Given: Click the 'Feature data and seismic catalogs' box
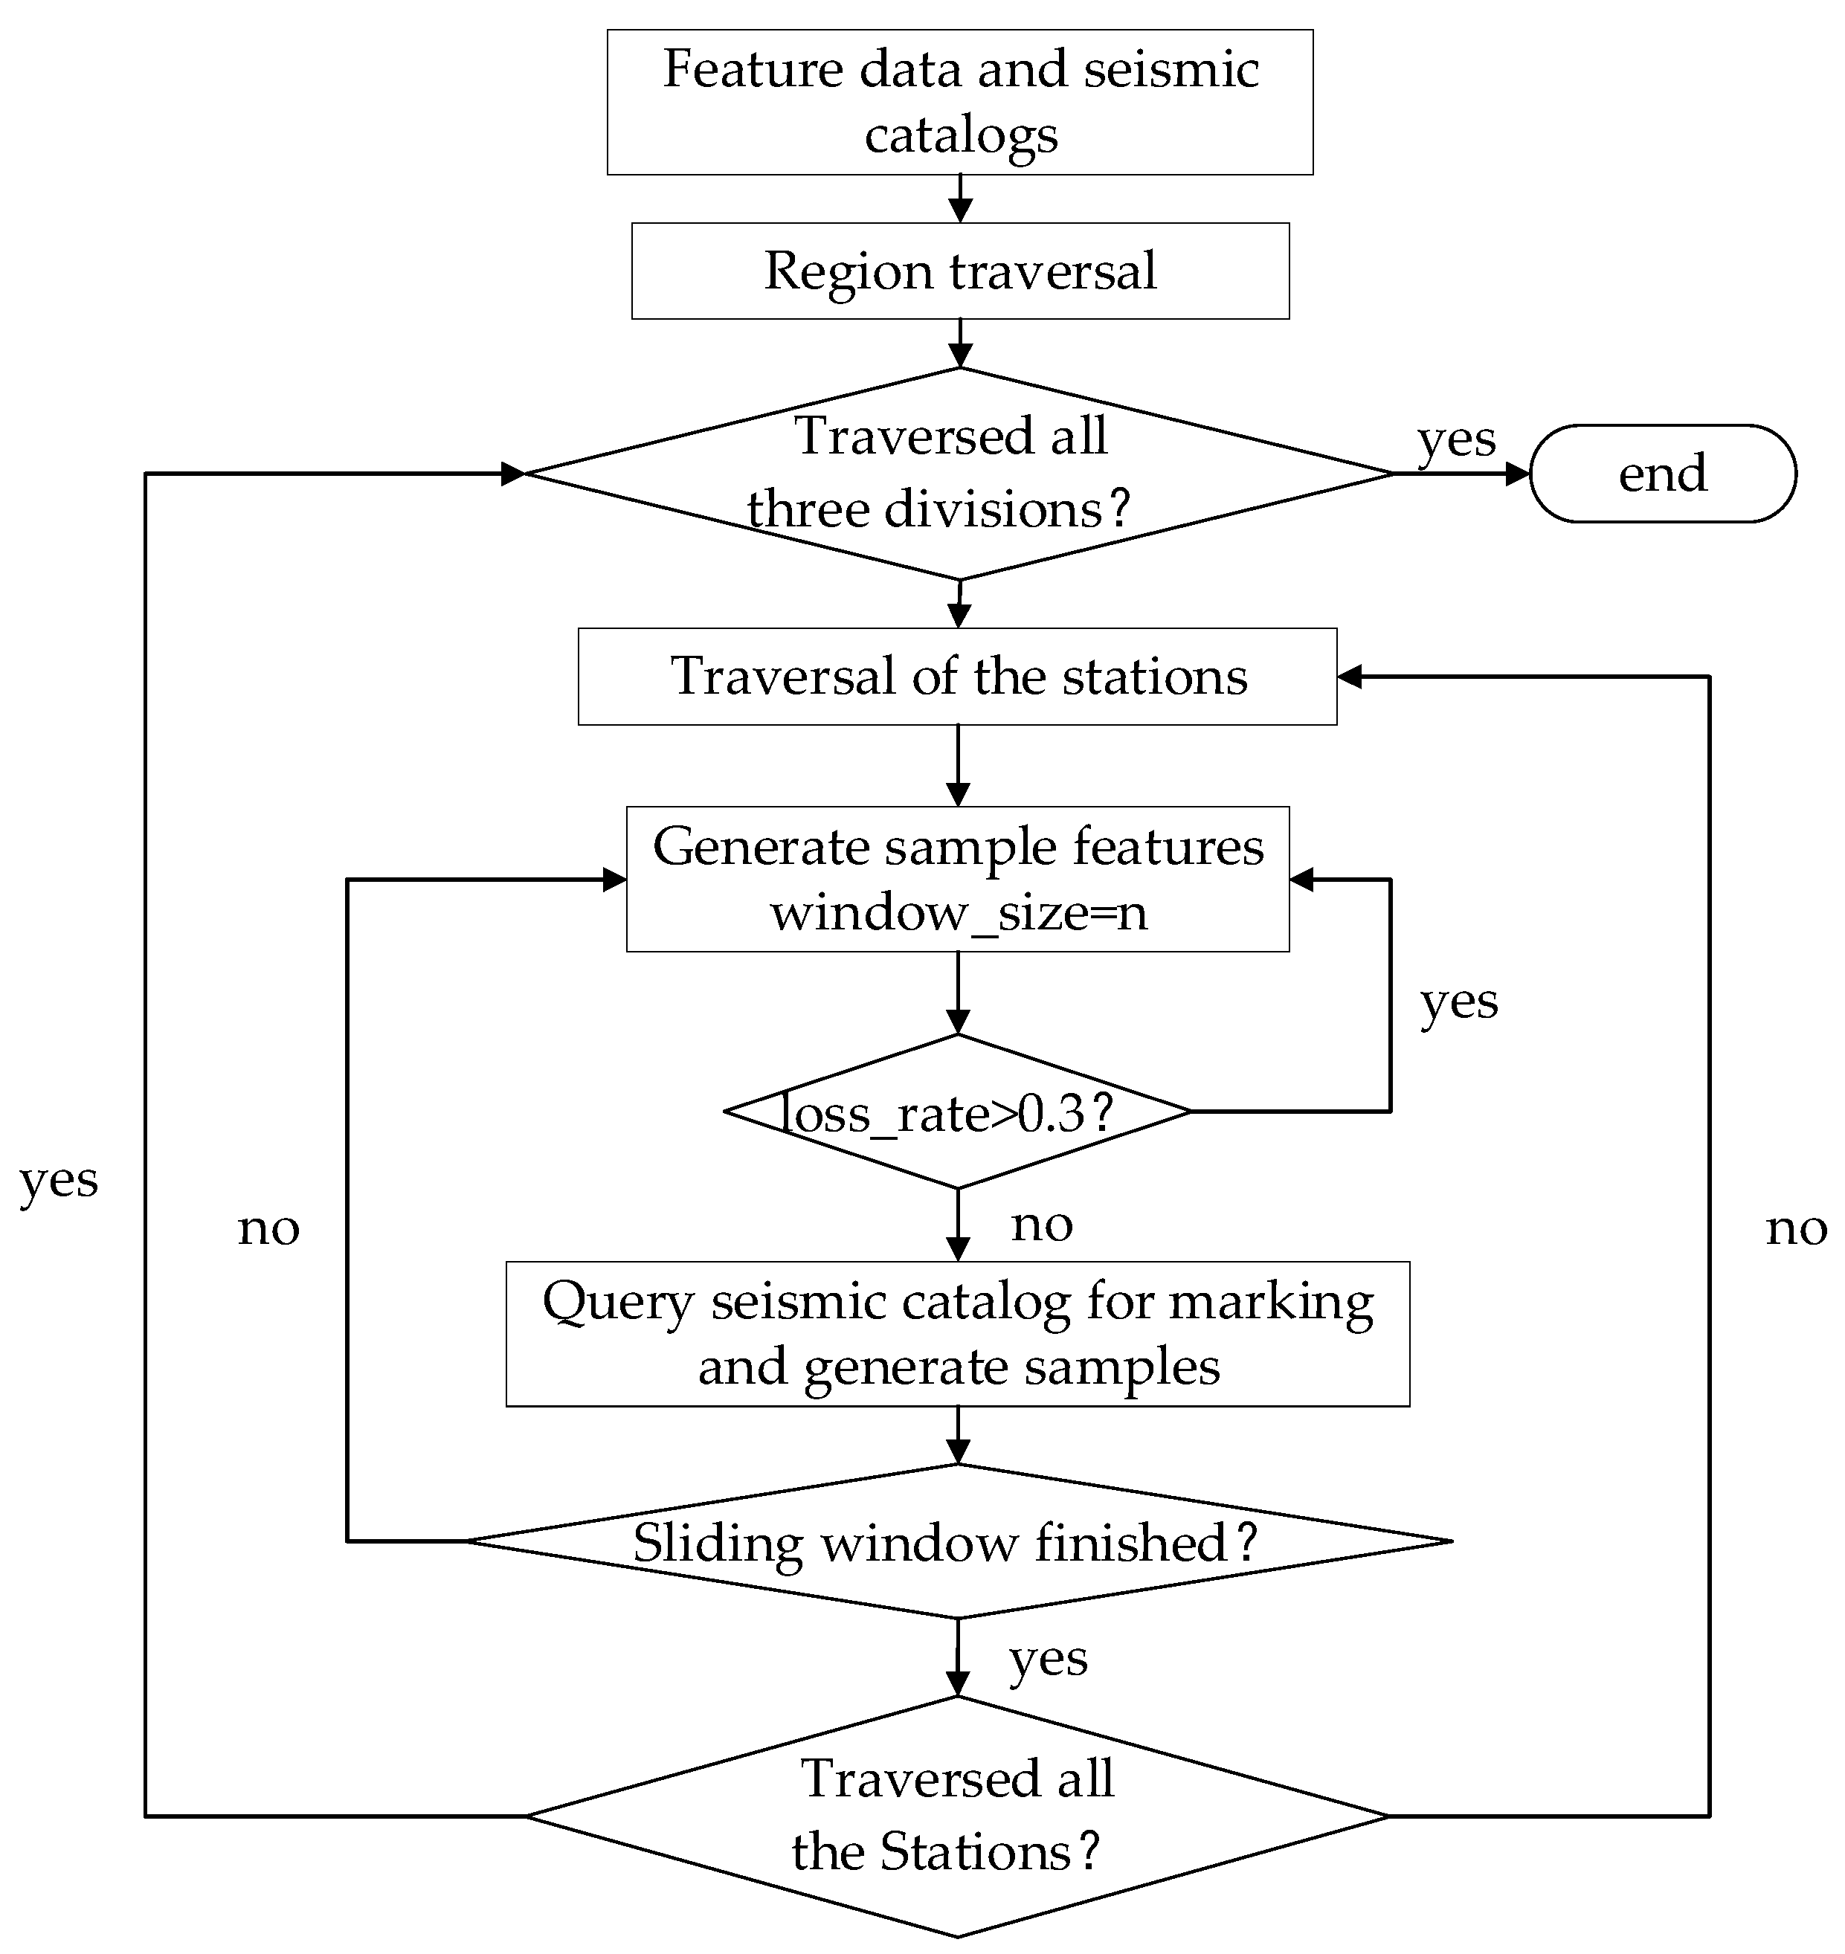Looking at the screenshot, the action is [x=960, y=103].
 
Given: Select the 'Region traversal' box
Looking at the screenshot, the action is [x=960, y=271].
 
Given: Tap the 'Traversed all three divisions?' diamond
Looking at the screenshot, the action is [x=960, y=473].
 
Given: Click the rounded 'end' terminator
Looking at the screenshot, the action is [x=1663, y=473].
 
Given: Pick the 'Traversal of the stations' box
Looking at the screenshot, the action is [x=957, y=677].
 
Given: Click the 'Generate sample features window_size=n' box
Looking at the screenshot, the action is [x=958, y=879].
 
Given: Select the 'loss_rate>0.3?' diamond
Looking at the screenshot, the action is [x=958, y=1112].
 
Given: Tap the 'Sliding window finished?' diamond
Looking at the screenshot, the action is [x=959, y=1541].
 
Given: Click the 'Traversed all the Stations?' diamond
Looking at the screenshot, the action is [x=958, y=1816].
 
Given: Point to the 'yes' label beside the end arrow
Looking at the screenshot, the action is [x=1457, y=439].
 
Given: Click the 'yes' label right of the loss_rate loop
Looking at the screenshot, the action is [x=1460, y=1002].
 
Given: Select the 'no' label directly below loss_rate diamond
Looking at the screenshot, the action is [x=1043, y=1225].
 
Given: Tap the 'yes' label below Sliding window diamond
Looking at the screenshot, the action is [x=1049, y=1660].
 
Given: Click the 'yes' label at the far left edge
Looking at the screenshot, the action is [x=59, y=1180].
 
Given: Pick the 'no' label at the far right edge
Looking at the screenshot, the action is [x=1797, y=1228].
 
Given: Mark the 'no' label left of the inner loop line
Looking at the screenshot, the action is [x=268, y=1228].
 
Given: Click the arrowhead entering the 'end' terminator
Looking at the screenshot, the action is [x=1518, y=473].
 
